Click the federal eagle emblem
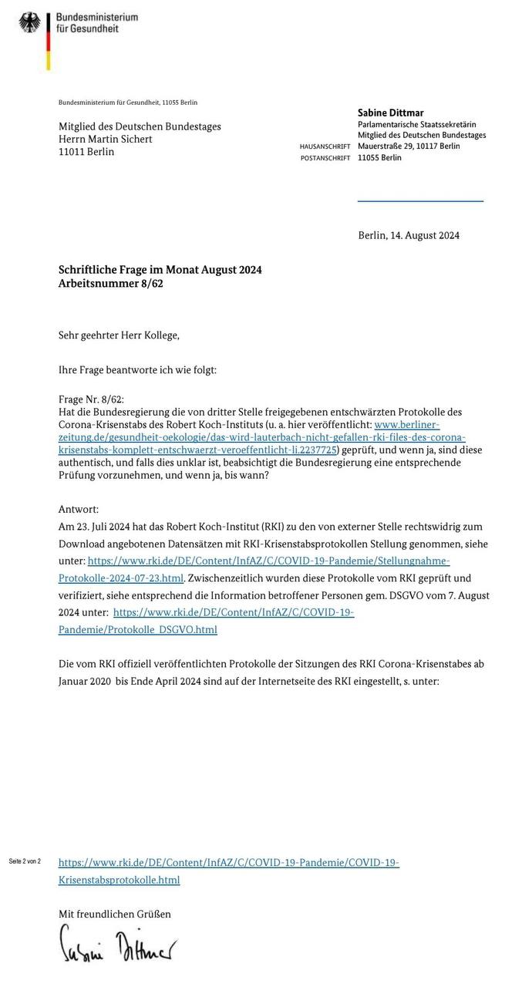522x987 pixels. click(31, 22)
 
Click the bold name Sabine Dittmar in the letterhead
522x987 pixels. click(391, 113)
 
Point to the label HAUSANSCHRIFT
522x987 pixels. click(325, 147)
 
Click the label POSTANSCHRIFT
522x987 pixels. click(325, 158)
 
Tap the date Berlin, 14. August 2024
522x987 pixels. click(409, 235)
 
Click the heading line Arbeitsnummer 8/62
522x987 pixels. click(111, 283)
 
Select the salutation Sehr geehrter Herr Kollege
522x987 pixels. click(119, 335)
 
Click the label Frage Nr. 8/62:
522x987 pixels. click(91, 399)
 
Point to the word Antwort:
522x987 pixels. click(79, 510)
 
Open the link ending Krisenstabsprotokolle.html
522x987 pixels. click(119, 880)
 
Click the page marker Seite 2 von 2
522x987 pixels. click(25, 861)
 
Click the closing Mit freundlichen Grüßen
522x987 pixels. click(115, 914)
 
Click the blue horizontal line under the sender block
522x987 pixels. click(420, 201)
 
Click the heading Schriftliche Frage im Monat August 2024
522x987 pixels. click(160, 270)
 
